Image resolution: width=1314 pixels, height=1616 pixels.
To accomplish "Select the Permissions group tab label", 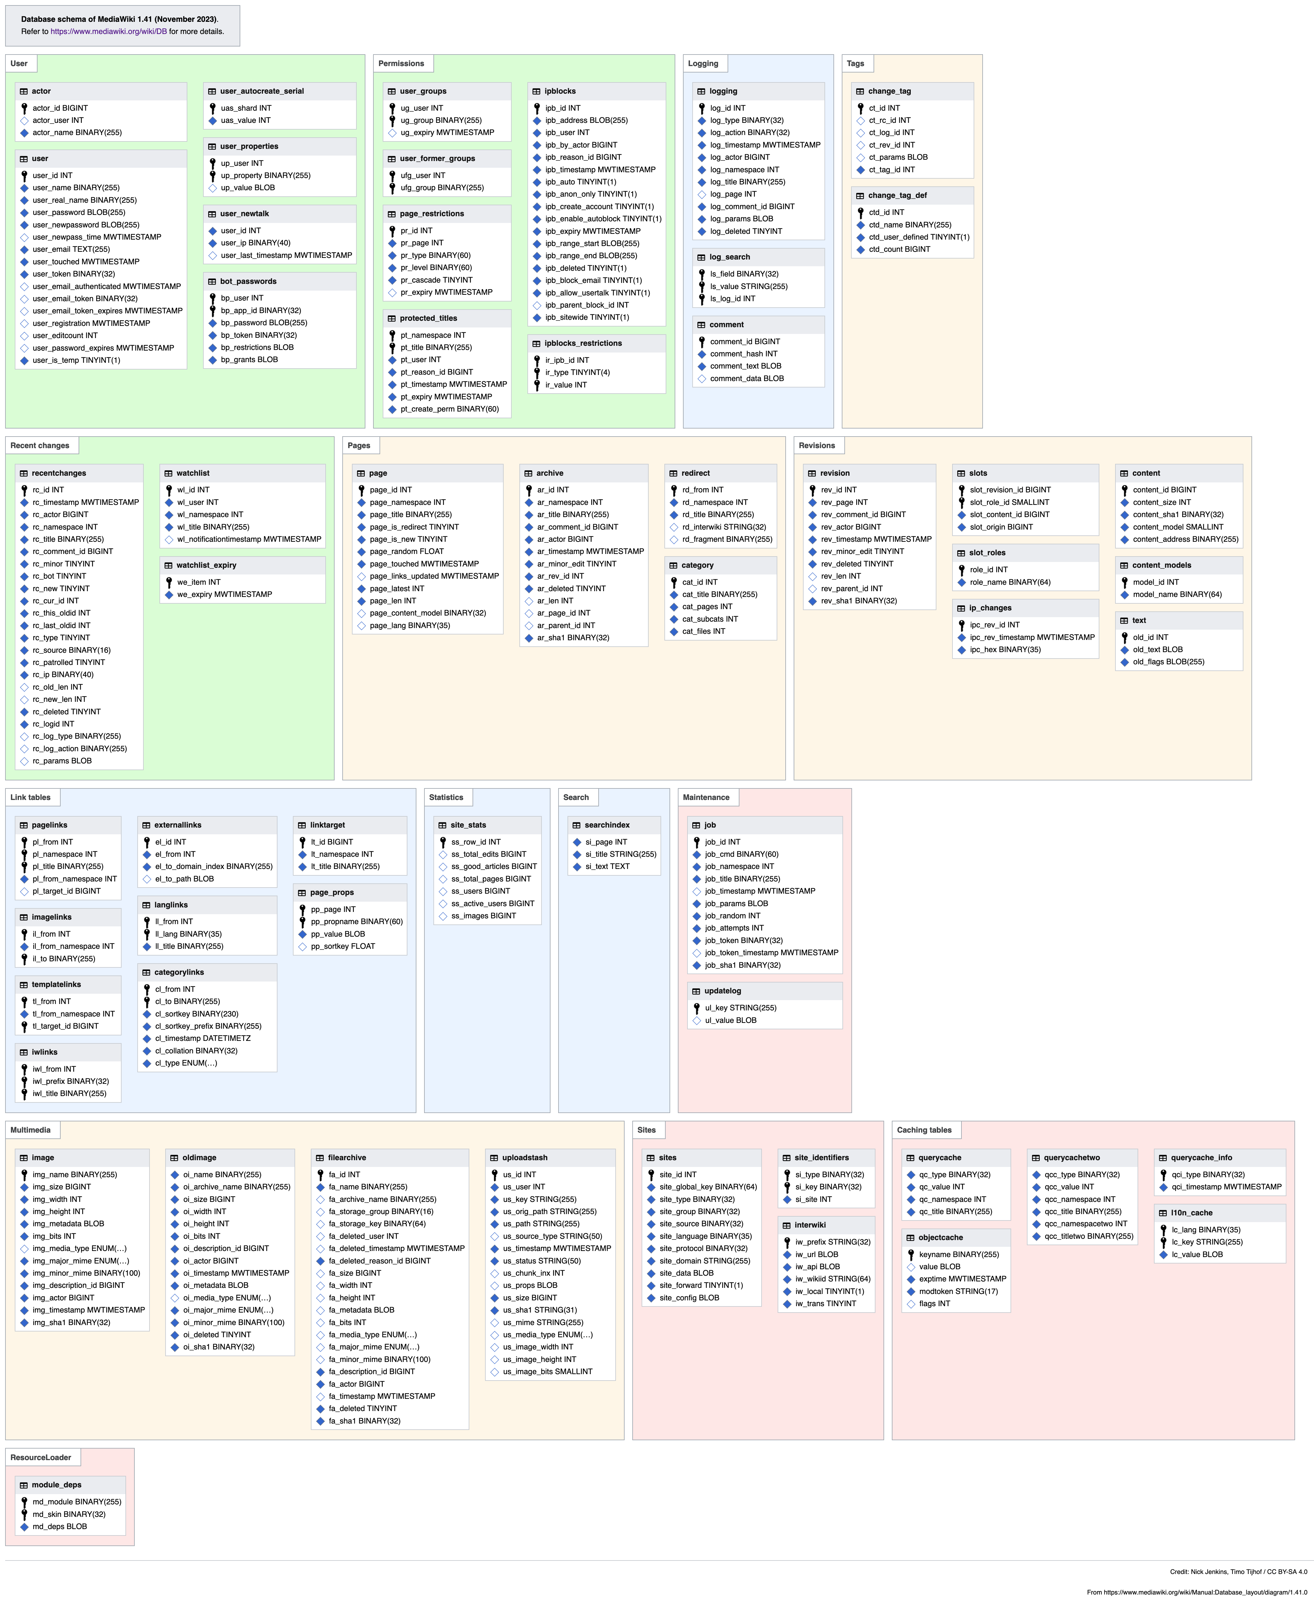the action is [x=401, y=64].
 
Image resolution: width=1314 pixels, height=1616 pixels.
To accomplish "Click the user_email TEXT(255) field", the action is [x=71, y=249].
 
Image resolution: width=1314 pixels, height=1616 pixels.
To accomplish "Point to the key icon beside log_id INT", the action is [x=702, y=108].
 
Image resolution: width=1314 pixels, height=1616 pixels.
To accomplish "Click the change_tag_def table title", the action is [x=897, y=195].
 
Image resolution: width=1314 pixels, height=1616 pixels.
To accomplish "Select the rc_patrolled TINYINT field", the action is [x=69, y=662].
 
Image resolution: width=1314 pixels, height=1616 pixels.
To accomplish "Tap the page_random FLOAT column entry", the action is [x=406, y=551].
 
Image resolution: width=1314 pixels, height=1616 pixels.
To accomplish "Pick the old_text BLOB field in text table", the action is [x=1157, y=650].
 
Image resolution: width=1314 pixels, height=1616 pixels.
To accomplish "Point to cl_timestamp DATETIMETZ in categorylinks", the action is [x=203, y=1039].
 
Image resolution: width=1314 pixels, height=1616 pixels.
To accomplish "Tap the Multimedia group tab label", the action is [x=30, y=1130].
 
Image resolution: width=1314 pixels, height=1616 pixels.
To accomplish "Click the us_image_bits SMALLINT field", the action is [x=548, y=1372].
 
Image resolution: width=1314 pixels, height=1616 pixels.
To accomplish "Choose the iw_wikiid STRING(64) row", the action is [x=832, y=1279].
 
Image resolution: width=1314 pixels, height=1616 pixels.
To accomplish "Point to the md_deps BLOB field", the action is [x=60, y=1527].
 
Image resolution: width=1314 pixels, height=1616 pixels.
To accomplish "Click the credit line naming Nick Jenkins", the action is [x=1238, y=1571].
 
